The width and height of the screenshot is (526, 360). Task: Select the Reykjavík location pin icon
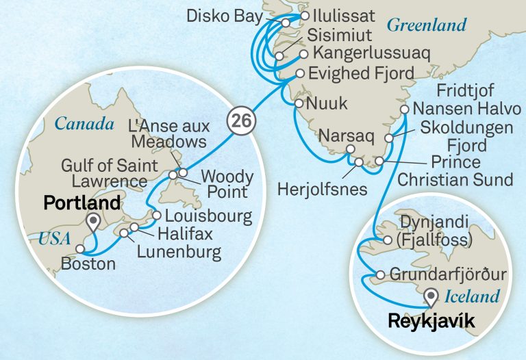pos(431,297)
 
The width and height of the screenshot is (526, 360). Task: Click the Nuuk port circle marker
pos(299,104)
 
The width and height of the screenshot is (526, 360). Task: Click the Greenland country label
pos(426,26)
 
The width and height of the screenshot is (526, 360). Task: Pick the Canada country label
pos(84,125)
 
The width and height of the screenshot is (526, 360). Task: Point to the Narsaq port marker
pos(351,150)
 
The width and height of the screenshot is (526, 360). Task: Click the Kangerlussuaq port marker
pos(303,53)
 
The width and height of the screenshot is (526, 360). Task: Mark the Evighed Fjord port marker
pos(300,73)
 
